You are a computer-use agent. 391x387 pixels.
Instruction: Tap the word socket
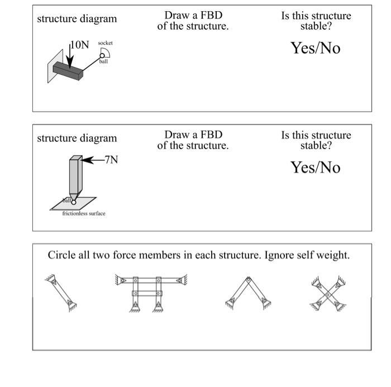click(104, 42)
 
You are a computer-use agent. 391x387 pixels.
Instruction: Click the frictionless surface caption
click(83, 213)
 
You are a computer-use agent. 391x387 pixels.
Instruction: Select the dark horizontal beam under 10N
click(68, 70)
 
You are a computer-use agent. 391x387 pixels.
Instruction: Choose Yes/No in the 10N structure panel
click(315, 48)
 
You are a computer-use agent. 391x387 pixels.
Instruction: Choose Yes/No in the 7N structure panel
click(315, 168)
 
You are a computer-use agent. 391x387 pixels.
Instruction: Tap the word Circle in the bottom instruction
click(61, 256)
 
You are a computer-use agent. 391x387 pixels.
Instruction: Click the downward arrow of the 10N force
click(68, 55)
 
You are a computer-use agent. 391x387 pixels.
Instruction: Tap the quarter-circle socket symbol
click(106, 52)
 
